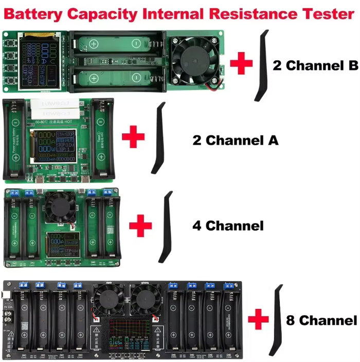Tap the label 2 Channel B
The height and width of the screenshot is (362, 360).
pyautogui.click(x=315, y=66)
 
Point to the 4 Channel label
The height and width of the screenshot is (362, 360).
pyautogui.click(x=227, y=226)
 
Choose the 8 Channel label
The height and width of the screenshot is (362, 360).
pyautogui.click(x=321, y=320)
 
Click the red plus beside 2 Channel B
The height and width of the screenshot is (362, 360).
pyautogui.click(x=241, y=64)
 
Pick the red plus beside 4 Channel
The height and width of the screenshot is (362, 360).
pyautogui.click(x=140, y=226)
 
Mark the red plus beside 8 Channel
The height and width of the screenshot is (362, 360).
pyautogui.click(x=259, y=319)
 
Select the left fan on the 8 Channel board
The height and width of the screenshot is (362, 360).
pyautogui.click(x=110, y=299)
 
